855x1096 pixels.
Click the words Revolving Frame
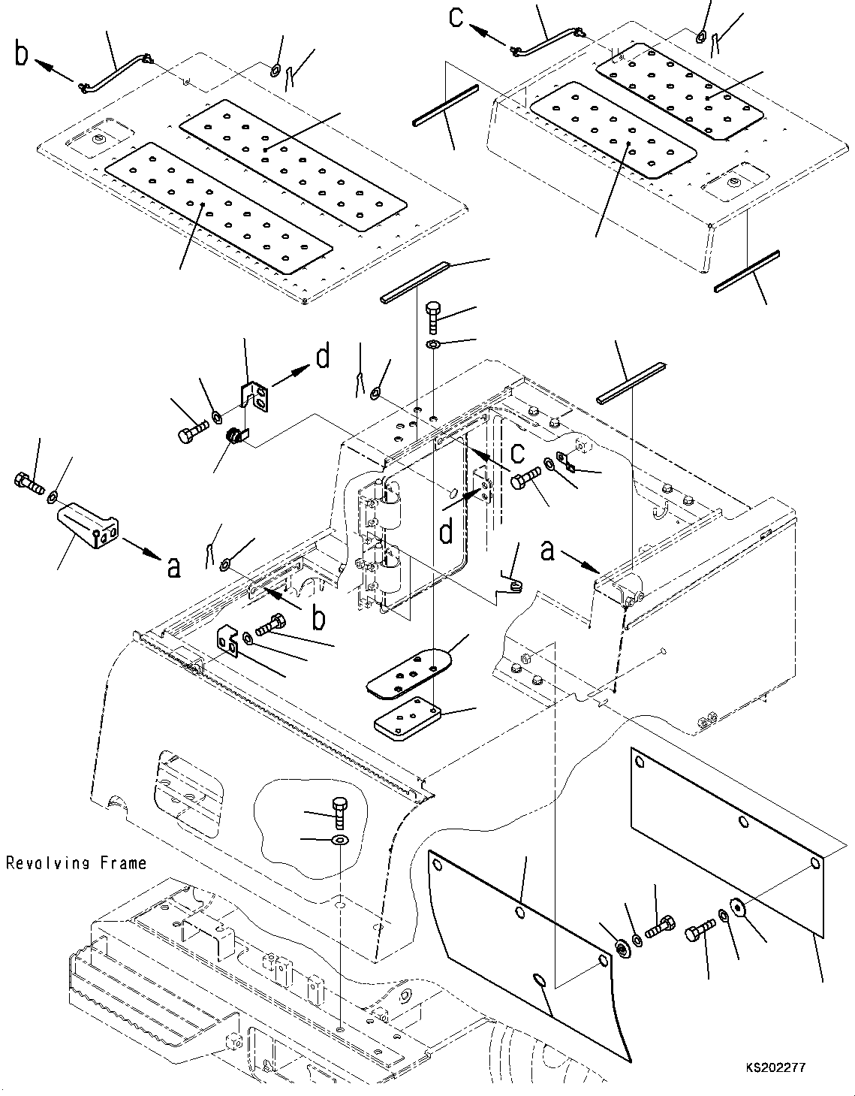(x=76, y=863)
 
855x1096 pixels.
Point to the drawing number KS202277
(x=775, y=1067)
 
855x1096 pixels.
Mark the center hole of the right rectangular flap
(x=743, y=823)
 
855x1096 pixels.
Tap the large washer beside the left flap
(x=622, y=949)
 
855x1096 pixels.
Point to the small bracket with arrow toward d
(x=254, y=396)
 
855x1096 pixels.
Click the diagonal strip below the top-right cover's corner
(x=747, y=271)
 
